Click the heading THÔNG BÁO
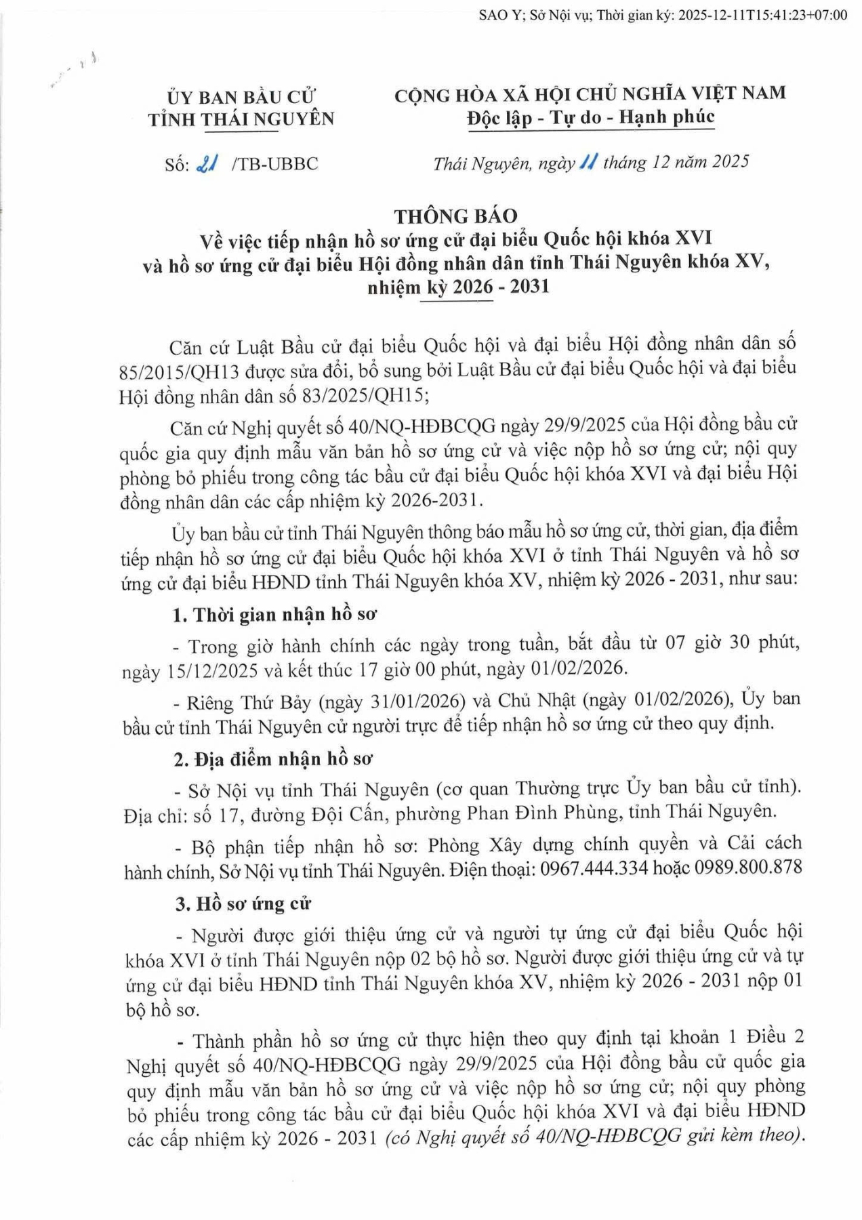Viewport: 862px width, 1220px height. coord(455,216)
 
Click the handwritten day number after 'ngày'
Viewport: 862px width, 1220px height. coord(588,162)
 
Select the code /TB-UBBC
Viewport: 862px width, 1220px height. coord(274,164)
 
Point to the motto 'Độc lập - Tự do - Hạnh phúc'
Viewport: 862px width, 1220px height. coord(590,117)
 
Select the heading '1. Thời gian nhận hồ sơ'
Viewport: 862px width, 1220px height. coord(274,615)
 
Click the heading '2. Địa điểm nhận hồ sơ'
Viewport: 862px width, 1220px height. coord(273,758)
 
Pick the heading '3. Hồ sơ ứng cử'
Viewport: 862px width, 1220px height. coord(243,903)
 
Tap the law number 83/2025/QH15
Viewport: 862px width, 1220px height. coord(369,395)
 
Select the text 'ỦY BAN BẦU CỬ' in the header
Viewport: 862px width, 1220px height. coord(242,97)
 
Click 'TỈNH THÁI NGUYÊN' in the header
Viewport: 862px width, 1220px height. coord(241,120)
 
